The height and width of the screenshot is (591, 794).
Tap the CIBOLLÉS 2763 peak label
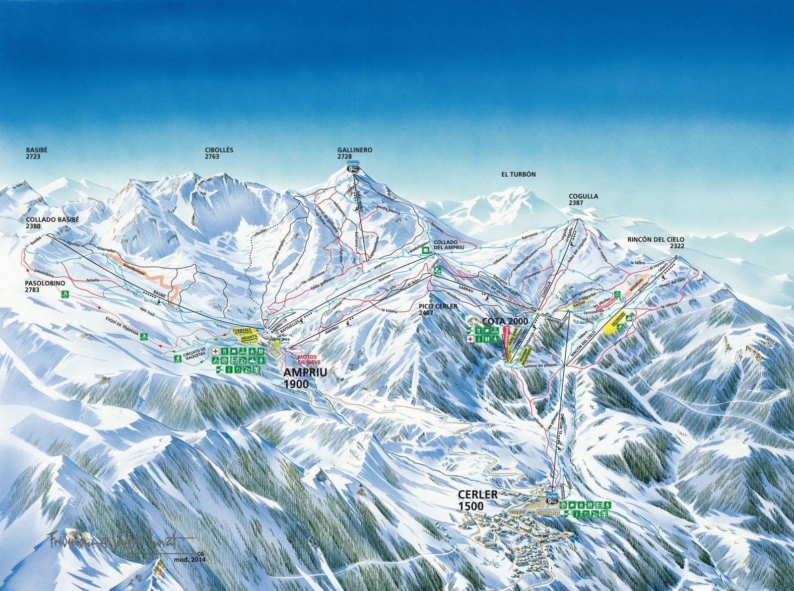tap(219, 152)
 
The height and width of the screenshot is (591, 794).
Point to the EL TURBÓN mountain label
tap(519, 174)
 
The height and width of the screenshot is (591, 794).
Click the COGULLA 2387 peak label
tap(583, 199)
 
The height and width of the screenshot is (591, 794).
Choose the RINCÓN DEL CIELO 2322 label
tap(656, 242)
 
